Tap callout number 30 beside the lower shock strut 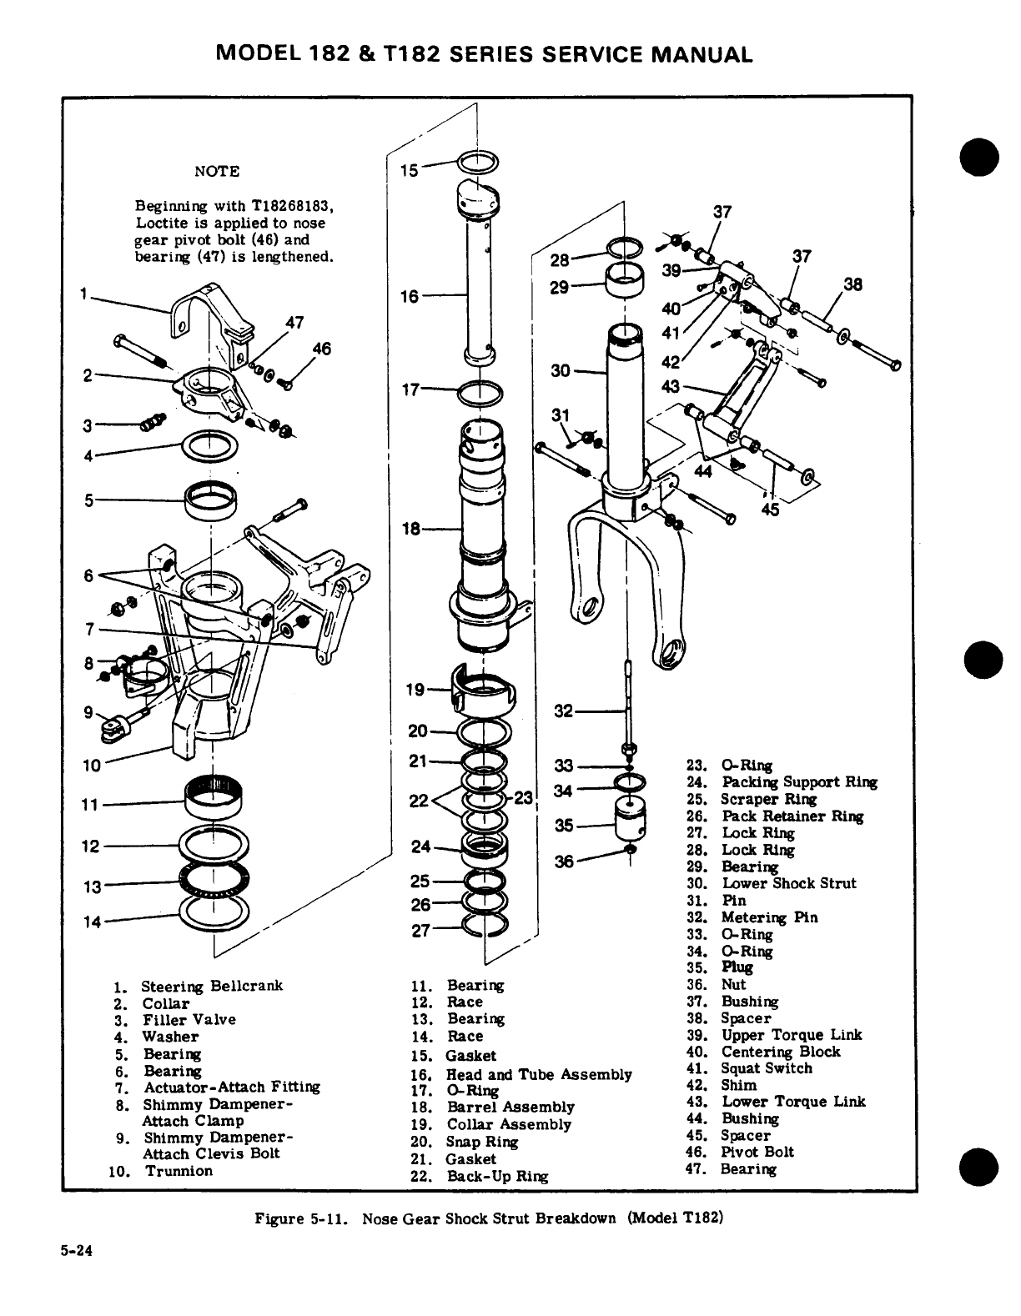(x=561, y=370)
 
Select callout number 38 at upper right (x=853, y=284)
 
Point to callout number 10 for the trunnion (x=92, y=765)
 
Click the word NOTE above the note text (x=217, y=172)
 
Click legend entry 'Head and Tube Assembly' (x=539, y=1074)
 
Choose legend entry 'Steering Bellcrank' (x=213, y=986)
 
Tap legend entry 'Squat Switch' (x=766, y=1068)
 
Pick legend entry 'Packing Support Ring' (x=799, y=782)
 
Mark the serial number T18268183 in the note (x=292, y=206)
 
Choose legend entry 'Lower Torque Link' (x=792, y=1102)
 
